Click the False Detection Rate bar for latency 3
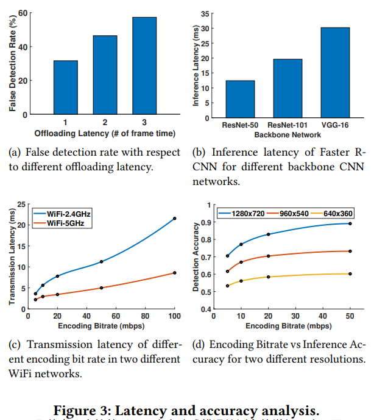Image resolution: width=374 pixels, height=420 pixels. coord(144,66)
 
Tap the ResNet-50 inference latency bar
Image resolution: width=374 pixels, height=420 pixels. coord(241,99)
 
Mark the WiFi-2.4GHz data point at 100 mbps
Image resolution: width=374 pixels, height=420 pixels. coord(175,218)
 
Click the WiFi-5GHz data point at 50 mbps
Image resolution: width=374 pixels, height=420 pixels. coord(101,288)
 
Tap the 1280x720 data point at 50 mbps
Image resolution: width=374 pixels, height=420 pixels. coord(350,223)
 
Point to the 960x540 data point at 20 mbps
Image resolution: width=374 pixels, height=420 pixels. coord(268,256)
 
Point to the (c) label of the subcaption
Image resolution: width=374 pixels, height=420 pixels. coord(14,344)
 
